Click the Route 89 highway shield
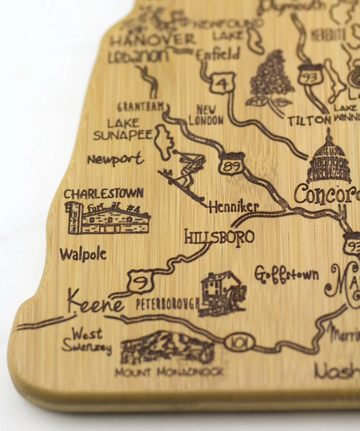231,164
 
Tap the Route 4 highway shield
222,83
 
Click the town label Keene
95,304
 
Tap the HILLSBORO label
219,237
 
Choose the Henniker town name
233,207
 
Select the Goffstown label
287,275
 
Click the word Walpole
83,254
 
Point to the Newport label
115,159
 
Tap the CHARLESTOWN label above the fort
103,194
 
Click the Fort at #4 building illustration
108,219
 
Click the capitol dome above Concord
328,159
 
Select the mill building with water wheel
223,293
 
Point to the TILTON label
309,121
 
